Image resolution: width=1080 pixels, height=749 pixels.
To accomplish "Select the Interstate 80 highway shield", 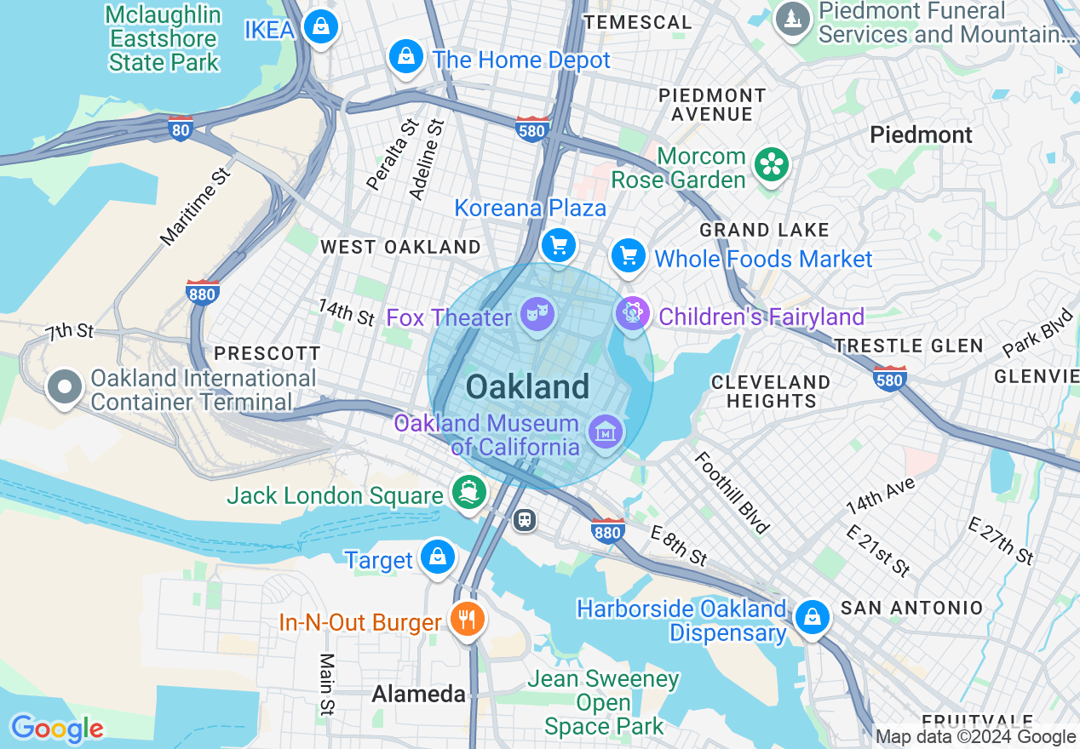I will [180, 129].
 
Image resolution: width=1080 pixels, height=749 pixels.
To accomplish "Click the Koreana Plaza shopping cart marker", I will [559, 246].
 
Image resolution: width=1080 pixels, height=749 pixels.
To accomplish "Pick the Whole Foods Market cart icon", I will [629, 254].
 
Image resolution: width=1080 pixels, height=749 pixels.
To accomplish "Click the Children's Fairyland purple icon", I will [632, 313].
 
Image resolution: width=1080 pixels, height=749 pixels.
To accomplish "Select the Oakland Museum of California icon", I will [606, 432].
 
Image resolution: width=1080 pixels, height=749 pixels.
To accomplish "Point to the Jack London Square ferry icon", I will [468, 492].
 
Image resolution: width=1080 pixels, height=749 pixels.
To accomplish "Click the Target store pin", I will [438, 557].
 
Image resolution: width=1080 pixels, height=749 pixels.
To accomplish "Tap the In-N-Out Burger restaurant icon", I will [467, 619].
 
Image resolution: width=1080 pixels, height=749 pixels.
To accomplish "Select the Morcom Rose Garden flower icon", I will [772, 165].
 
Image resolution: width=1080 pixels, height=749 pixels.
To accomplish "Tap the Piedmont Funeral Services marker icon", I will [793, 17].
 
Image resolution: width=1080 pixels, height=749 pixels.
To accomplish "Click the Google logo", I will [57, 729].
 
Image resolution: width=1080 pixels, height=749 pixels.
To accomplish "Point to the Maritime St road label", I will [196, 207].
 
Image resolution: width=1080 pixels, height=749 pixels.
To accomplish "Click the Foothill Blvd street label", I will [732, 493].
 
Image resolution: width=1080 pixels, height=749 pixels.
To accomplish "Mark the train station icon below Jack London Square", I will [525, 519].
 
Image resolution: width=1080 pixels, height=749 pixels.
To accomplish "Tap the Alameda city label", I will [419, 695].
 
